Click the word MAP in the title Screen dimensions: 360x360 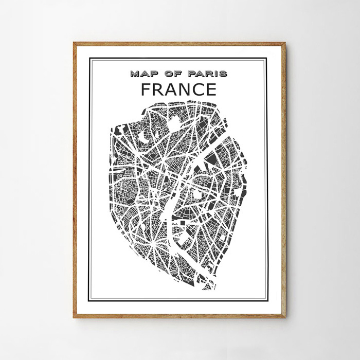[x=142, y=74]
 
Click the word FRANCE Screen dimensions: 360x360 [x=178, y=89]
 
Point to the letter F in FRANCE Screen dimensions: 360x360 [x=146, y=89]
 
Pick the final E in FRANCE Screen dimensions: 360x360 [x=211, y=89]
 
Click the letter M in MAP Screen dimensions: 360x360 [x=135, y=74]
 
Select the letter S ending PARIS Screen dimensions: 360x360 [x=223, y=74]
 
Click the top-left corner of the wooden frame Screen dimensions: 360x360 [x=74, y=43]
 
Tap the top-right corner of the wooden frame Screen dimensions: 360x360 [x=285, y=43]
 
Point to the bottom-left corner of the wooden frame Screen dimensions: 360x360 [x=74, y=317]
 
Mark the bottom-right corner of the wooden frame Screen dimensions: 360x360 [x=285, y=317]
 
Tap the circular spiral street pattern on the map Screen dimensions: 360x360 [x=123, y=193]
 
